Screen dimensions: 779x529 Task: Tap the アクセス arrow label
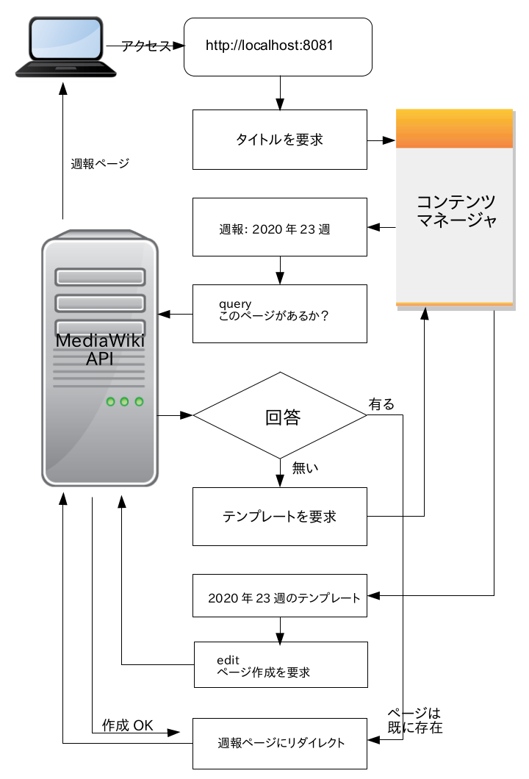pyautogui.click(x=145, y=46)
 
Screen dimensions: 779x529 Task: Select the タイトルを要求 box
pyautogui.click(x=279, y=140)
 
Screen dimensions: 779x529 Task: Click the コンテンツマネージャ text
pyautogui.click(x=455, y=211)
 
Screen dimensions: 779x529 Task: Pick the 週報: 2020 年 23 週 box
pyautogui.click(x=279, y=227)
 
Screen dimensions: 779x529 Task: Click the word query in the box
pyautogui.click(x=235, y=304)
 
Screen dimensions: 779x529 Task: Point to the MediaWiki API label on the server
pyautogui.click(x=100, y=349)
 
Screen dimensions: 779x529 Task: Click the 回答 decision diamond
pyautogui.click(x=280, y=417)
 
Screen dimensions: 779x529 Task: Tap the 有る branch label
pyautogui.click(x=381, y=404)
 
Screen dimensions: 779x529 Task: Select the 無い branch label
pyautogui.click(x=304, y=466)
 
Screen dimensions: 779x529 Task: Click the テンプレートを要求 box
pyautogui.click(x=279, y=517)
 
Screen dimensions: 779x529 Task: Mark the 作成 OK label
pyautogui.click(x=128, y=725)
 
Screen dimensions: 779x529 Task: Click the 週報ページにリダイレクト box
pyautogui.click(x=279, y=743)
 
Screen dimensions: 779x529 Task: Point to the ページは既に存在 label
pyautogui.click(x=415, y=721)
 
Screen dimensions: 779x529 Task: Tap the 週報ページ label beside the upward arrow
pyautogui.click(x=100, y=163)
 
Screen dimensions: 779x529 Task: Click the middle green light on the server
pyautogui.click(x=124, y=401)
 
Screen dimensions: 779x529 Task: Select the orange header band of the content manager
pyautogui.click(x=454, y=129)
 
